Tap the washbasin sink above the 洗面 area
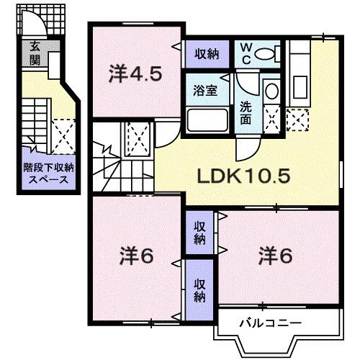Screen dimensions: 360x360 coord(271,92)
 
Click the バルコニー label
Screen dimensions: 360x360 coord(271,322)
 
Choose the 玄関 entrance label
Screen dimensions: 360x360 coord(34,54)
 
